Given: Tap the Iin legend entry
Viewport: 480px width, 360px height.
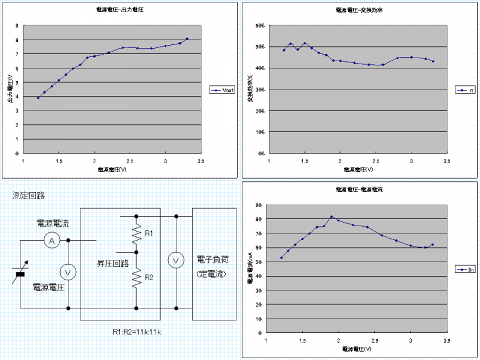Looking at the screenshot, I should click(x=466, y=269).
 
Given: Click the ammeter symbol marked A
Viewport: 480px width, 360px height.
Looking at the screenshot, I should click(x=52, y=241).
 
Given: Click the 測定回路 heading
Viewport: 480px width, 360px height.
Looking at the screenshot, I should click(x=29, y=196).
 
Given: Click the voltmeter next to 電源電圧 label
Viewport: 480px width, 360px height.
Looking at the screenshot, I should click(x=68, y=272).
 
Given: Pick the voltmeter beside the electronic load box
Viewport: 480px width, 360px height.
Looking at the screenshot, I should click(x=176, y=260).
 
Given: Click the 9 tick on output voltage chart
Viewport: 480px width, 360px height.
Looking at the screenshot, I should click(x=17, y=26).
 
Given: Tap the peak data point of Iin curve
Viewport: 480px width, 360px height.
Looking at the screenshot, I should click(x=331, y=217).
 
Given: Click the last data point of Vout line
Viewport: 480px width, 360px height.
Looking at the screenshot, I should click(x=187, y=38).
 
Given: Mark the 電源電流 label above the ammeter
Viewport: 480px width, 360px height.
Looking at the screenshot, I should click(x=53, y=223).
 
